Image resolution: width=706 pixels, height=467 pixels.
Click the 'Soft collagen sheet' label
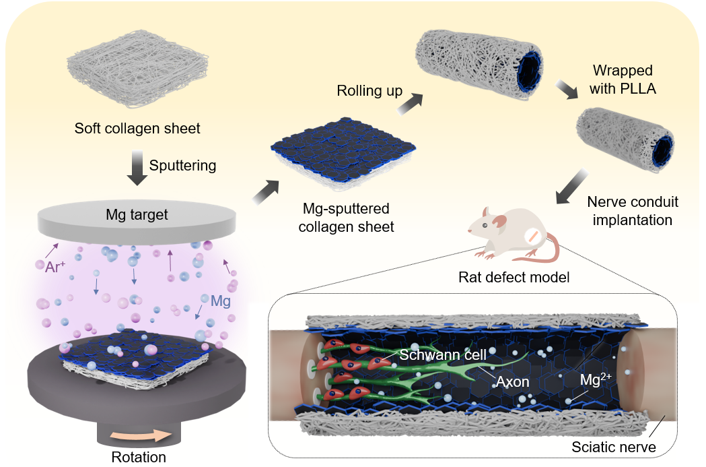[x=137, y=129]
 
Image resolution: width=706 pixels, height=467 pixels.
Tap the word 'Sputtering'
[x=183, y=166]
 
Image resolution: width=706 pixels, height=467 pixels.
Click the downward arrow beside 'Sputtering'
[x=137, y=168]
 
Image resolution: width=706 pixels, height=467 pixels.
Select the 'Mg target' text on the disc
[x=137, y=214]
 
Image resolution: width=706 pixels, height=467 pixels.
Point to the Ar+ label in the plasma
[x=55, y=266]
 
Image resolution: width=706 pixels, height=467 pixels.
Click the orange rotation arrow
[x=141, y=436]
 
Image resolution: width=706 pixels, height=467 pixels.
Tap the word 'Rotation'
[x=139, y=457]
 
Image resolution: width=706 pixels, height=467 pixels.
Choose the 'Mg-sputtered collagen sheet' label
[x=346, y=218]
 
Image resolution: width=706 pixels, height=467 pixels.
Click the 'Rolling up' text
[x=369, y=90]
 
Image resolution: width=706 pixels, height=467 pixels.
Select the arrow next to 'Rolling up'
[x=411, y=104]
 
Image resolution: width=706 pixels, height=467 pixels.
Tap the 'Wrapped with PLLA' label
[x=623, y=80]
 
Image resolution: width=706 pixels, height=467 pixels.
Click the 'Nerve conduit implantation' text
[x=633, y=211]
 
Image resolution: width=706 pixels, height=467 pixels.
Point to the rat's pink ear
[x=499, y=221]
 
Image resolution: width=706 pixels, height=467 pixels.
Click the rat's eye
[x=485, y=225]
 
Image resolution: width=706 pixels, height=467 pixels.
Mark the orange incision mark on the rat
[x=532, y=237]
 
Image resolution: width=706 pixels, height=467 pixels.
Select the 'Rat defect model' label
[x=514, y=277]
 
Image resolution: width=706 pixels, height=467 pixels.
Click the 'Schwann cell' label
[x=443, y=355]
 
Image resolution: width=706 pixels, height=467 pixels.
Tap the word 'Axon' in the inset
[x=512, y=382]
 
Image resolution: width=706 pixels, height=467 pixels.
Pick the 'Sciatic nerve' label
[x=614, y=447]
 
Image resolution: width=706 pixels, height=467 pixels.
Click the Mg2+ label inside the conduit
[x=596, y=379]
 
